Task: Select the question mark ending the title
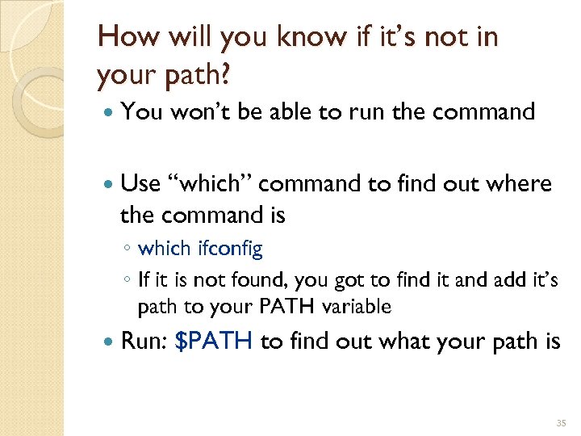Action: [225, 74]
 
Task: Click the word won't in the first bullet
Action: [201, 112]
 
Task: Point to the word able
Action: [287, 112]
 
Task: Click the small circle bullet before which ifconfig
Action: [128, 249]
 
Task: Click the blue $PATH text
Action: [215, 342]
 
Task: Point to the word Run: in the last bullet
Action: [143, 342]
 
